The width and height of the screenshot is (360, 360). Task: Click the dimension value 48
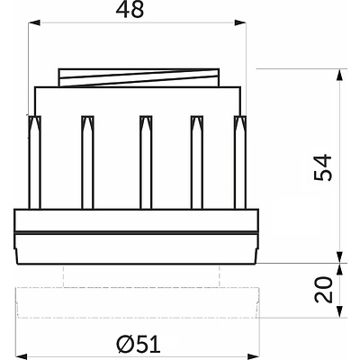(x=130, y=11)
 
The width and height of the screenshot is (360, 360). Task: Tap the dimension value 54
(x=323, y=167)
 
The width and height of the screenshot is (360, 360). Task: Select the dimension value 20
(x=324, y=290)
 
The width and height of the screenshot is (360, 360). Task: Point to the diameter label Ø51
(x=139, y=344)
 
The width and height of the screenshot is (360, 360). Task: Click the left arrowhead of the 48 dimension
(x=34, y=22)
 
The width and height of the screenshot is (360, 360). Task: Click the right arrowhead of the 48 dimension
(x=240, y=22)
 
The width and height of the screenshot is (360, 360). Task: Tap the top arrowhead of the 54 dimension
(x=339, y=75)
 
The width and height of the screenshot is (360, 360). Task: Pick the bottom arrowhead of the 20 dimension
(x=339, y=311)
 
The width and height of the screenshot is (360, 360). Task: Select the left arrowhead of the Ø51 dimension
(x=21, y=356)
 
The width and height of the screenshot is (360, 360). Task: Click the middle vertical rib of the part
(x=146, y=162)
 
